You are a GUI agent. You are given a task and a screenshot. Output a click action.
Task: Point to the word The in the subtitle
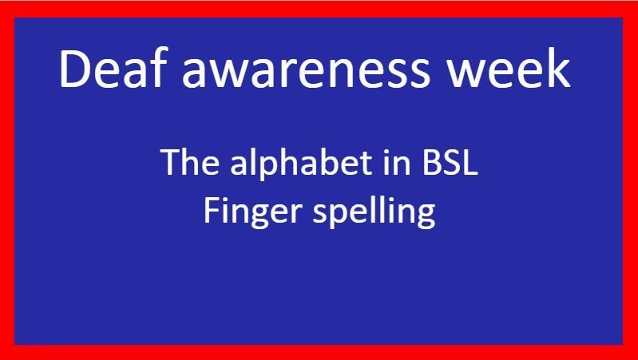tap(190, 162)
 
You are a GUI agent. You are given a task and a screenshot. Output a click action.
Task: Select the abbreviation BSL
tap(450, 162)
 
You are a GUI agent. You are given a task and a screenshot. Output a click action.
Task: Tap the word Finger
tap(252, 213)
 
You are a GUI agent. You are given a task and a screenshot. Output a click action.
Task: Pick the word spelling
tap(374, 212)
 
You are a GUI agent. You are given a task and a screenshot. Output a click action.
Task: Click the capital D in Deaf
tap(75, 69)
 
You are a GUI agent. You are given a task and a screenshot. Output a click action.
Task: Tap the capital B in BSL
tap(431, 162)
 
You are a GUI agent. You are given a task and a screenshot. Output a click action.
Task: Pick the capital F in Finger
tap(211, 211)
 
